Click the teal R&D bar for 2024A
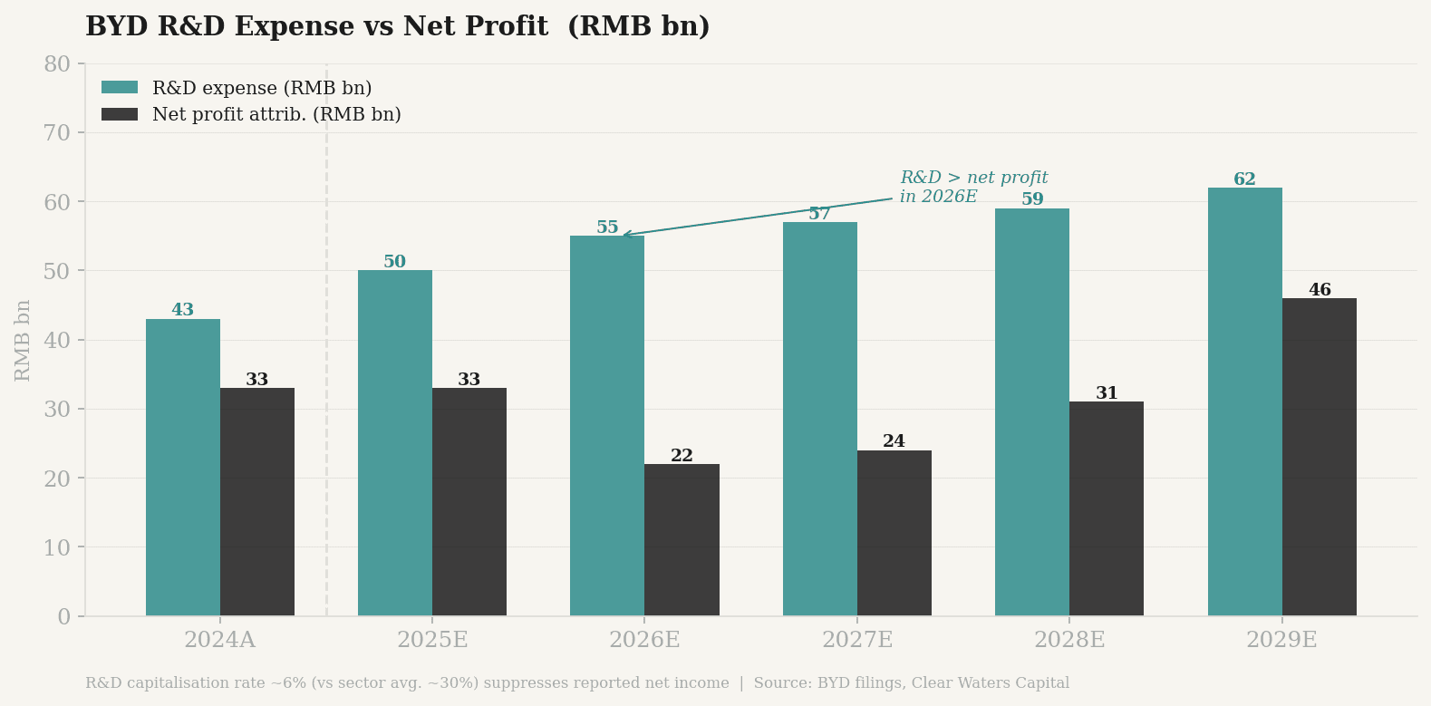[183, 467]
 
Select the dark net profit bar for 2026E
[682, 539]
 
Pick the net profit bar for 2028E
[1107, 508]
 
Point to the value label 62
[1244, 179]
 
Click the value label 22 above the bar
[682, 456]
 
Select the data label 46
[1319, 290]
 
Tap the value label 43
[183, 310]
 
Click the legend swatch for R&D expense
[120, 88]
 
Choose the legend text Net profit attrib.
[276, 115]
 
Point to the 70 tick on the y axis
[58, 133]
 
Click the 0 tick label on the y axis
[63, 617]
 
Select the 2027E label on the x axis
[856, 640]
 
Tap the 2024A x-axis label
[219, 640]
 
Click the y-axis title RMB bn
[24, 340]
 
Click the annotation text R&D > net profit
[973, 179]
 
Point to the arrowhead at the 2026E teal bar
[624, 235]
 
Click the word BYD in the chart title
[118, 27]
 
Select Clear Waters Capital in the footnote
[990, 683]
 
